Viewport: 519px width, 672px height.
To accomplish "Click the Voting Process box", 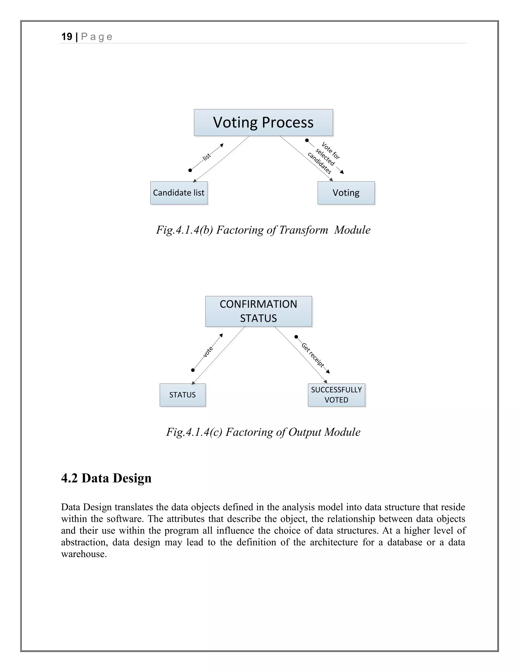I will (x=263, y=122).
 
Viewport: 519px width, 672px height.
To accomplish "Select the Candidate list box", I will (x=179, y=193).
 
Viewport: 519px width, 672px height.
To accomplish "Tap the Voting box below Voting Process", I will (x=346, y=193).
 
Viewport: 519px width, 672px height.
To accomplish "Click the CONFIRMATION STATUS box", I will (x=258, y=311).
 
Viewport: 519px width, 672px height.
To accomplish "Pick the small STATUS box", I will (x=182, y=395).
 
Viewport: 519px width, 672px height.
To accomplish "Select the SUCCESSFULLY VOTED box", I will (x=336, y=395).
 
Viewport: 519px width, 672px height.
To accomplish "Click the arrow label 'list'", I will (x=207, y=157).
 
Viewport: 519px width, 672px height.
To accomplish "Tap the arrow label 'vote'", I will (x=208, y=352).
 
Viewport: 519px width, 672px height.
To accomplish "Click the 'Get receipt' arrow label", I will (x=313, y=355).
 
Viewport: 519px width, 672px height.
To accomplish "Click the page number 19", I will (x=67, y=37).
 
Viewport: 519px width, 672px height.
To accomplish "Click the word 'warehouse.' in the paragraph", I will (x=84, y=554).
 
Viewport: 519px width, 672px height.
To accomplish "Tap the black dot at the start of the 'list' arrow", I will (x=190, y=170).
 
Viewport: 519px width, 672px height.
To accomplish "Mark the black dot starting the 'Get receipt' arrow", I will (x=296, y=337).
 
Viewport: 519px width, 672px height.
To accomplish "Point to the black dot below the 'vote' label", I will (x=193, y=370).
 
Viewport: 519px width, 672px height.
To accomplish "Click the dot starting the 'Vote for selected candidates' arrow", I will (x=307, y=140).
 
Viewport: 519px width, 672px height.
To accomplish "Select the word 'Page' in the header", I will (x=97, y=37).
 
